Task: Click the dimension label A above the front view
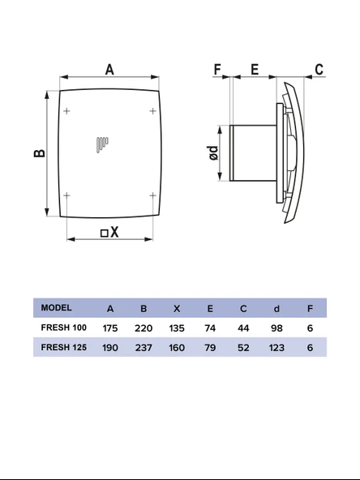[x=109, y=70]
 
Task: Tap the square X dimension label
[x=109, y=233]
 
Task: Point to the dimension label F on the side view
[x=217, y=70]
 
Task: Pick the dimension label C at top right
[x=319, y=70]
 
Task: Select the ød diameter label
[x=213, y=153]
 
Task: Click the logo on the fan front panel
[x=100, y=144]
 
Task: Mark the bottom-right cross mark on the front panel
[x=153, y=195]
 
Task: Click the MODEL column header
[x=56, y=308]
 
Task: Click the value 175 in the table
[x=110, y=328]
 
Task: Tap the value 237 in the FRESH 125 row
[x=144, y=347]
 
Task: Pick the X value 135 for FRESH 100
[x=177, y=328]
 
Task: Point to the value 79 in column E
[x=210, y=347]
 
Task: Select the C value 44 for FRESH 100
[x=243, y=328]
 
